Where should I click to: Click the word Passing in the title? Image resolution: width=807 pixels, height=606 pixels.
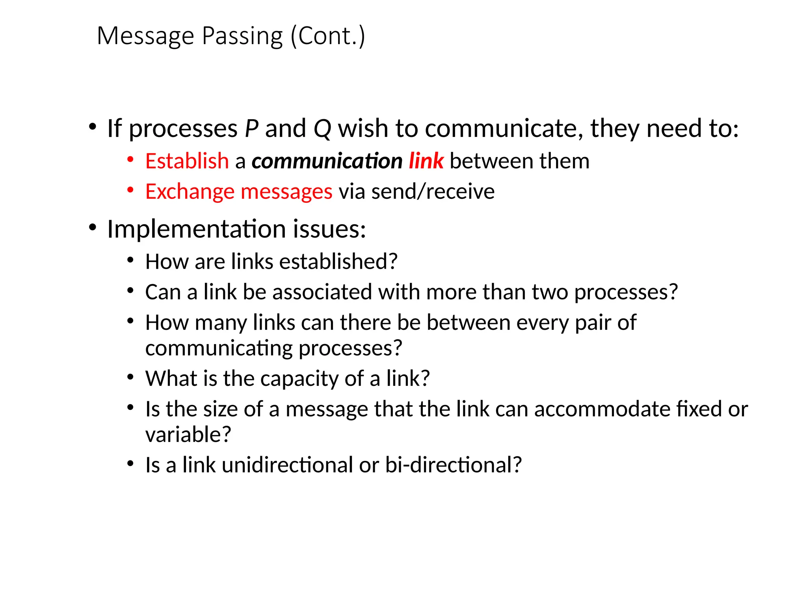pos(242,37)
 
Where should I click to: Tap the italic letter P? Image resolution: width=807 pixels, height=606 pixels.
pos(251,129)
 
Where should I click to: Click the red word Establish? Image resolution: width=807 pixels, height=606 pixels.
pos(187,161)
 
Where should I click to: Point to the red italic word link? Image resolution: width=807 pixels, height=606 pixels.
pos(426,161)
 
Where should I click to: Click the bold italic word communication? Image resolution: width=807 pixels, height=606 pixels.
pos(327,161)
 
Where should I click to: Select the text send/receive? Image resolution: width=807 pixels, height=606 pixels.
pos(433,192)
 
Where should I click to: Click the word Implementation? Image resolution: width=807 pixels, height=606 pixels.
pos(196,229)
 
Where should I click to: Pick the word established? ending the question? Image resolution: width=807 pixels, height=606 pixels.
pos(338,262)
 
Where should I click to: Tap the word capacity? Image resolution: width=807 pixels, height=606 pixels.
pos(299,379)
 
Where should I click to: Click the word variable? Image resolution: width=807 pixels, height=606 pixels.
pos(188,435)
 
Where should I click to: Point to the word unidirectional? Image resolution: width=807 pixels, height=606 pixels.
pos(287,465)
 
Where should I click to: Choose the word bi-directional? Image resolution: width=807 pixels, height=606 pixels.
pos(453,465)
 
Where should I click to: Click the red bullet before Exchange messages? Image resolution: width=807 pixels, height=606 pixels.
pos(130,190)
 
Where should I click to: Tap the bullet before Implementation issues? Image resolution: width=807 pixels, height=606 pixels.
pos(93,228)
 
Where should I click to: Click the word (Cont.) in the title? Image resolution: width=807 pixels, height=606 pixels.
pos(328,37)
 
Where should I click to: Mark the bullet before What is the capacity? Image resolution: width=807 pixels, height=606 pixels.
pos(130,377)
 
